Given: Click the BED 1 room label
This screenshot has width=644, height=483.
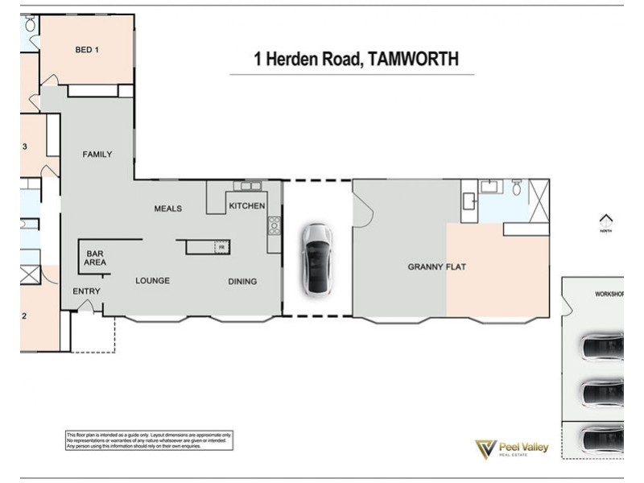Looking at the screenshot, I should [87, 50].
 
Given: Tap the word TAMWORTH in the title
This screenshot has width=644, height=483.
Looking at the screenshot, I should [413, 59].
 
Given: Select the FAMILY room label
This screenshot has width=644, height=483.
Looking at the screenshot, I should [97, 155].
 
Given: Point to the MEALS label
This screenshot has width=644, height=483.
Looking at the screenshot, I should [168, 208].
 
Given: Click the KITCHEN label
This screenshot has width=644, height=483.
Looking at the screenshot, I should [246, 206].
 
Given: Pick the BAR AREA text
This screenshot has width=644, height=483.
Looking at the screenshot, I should [95, 258].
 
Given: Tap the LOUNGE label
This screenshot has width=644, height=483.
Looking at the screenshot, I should [152, 281].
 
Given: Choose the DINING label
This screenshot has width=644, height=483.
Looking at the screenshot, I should [242, 281].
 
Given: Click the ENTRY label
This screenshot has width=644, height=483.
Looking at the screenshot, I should [86, 291].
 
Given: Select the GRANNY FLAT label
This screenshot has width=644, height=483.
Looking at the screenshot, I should [437, 266].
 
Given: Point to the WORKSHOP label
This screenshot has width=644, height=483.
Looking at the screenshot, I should [609, 295].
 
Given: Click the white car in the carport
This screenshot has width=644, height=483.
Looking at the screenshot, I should [316, 258].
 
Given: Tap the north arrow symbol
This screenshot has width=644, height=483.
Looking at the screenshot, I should [606, 220].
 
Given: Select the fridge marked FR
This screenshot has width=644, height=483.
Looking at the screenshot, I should [220, 247].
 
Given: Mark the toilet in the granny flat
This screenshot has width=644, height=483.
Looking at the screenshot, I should [516, 188].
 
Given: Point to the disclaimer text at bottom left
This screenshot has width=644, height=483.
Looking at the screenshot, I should [149, 440].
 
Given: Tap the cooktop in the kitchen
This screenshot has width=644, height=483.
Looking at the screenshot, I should [274, 225].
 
